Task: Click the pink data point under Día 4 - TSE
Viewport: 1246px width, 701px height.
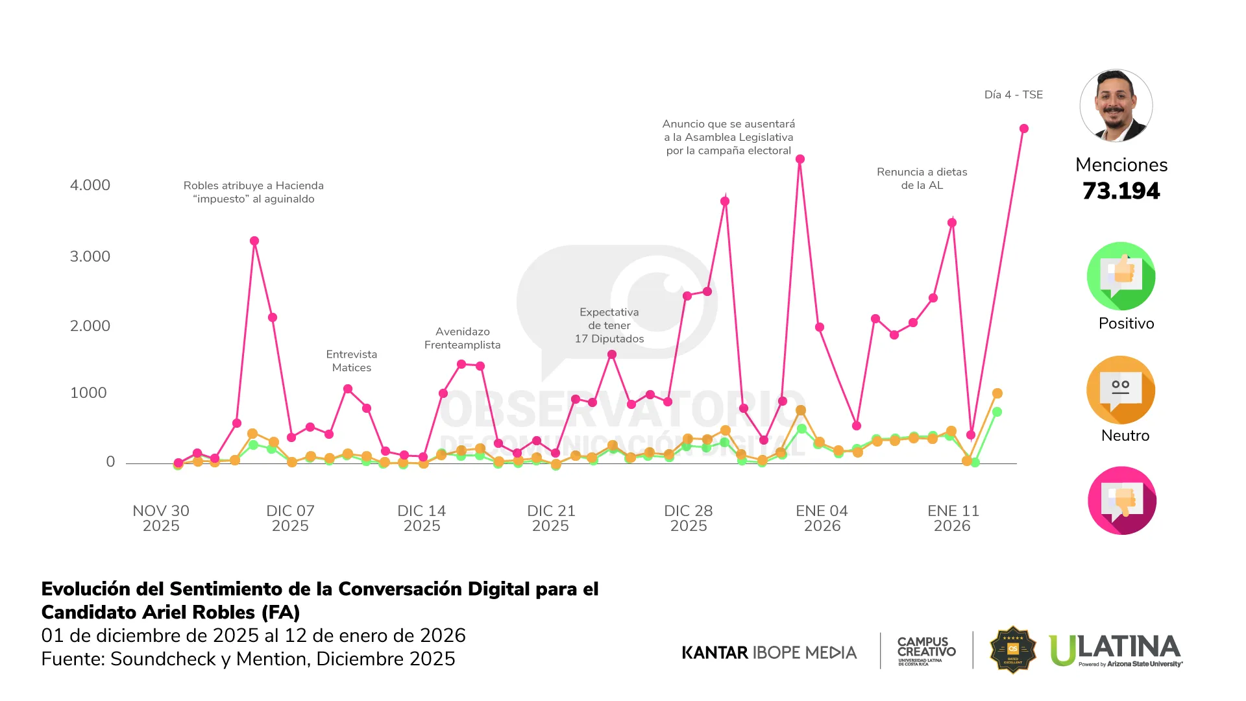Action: click(x=1024, y=129)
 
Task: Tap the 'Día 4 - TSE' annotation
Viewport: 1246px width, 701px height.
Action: click(x=1013, y=95)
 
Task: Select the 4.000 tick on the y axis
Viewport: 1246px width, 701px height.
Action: click(x=90, y=185)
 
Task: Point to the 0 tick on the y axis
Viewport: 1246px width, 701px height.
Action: click(x=110, y=461)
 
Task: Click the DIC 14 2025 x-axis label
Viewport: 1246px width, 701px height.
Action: click(x=422, y=518)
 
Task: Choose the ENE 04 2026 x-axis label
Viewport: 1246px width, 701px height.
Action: click(x=822, y=518)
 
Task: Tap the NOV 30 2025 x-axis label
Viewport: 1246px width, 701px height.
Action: click(x=161, y=518)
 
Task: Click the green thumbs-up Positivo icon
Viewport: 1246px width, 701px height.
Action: click(x=1121, y=276)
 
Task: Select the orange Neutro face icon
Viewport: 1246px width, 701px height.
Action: click(x=1121, y=389)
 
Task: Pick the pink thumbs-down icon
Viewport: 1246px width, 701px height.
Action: click(x=1121, y=500)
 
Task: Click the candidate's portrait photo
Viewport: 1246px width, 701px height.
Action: click(x=1116, y=106)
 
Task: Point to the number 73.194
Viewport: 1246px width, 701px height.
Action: click(x=1121, y=191)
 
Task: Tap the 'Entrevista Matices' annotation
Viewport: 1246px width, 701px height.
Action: click(x=352, y=361)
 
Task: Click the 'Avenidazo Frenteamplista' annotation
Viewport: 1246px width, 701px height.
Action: click(x=462, y=338)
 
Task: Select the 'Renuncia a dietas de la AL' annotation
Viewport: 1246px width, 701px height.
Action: click(x=922, y=178)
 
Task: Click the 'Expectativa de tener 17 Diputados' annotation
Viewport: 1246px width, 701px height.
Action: click(x=609, y=325)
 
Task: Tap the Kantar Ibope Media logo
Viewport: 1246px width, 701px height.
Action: click(x=769, y=652)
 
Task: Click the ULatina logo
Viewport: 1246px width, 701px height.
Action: click(x=1115, y=650)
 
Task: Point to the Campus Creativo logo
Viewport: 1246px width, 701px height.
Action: click(x=926, y=650)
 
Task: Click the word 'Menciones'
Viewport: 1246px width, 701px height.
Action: click(x=1121, y=165)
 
